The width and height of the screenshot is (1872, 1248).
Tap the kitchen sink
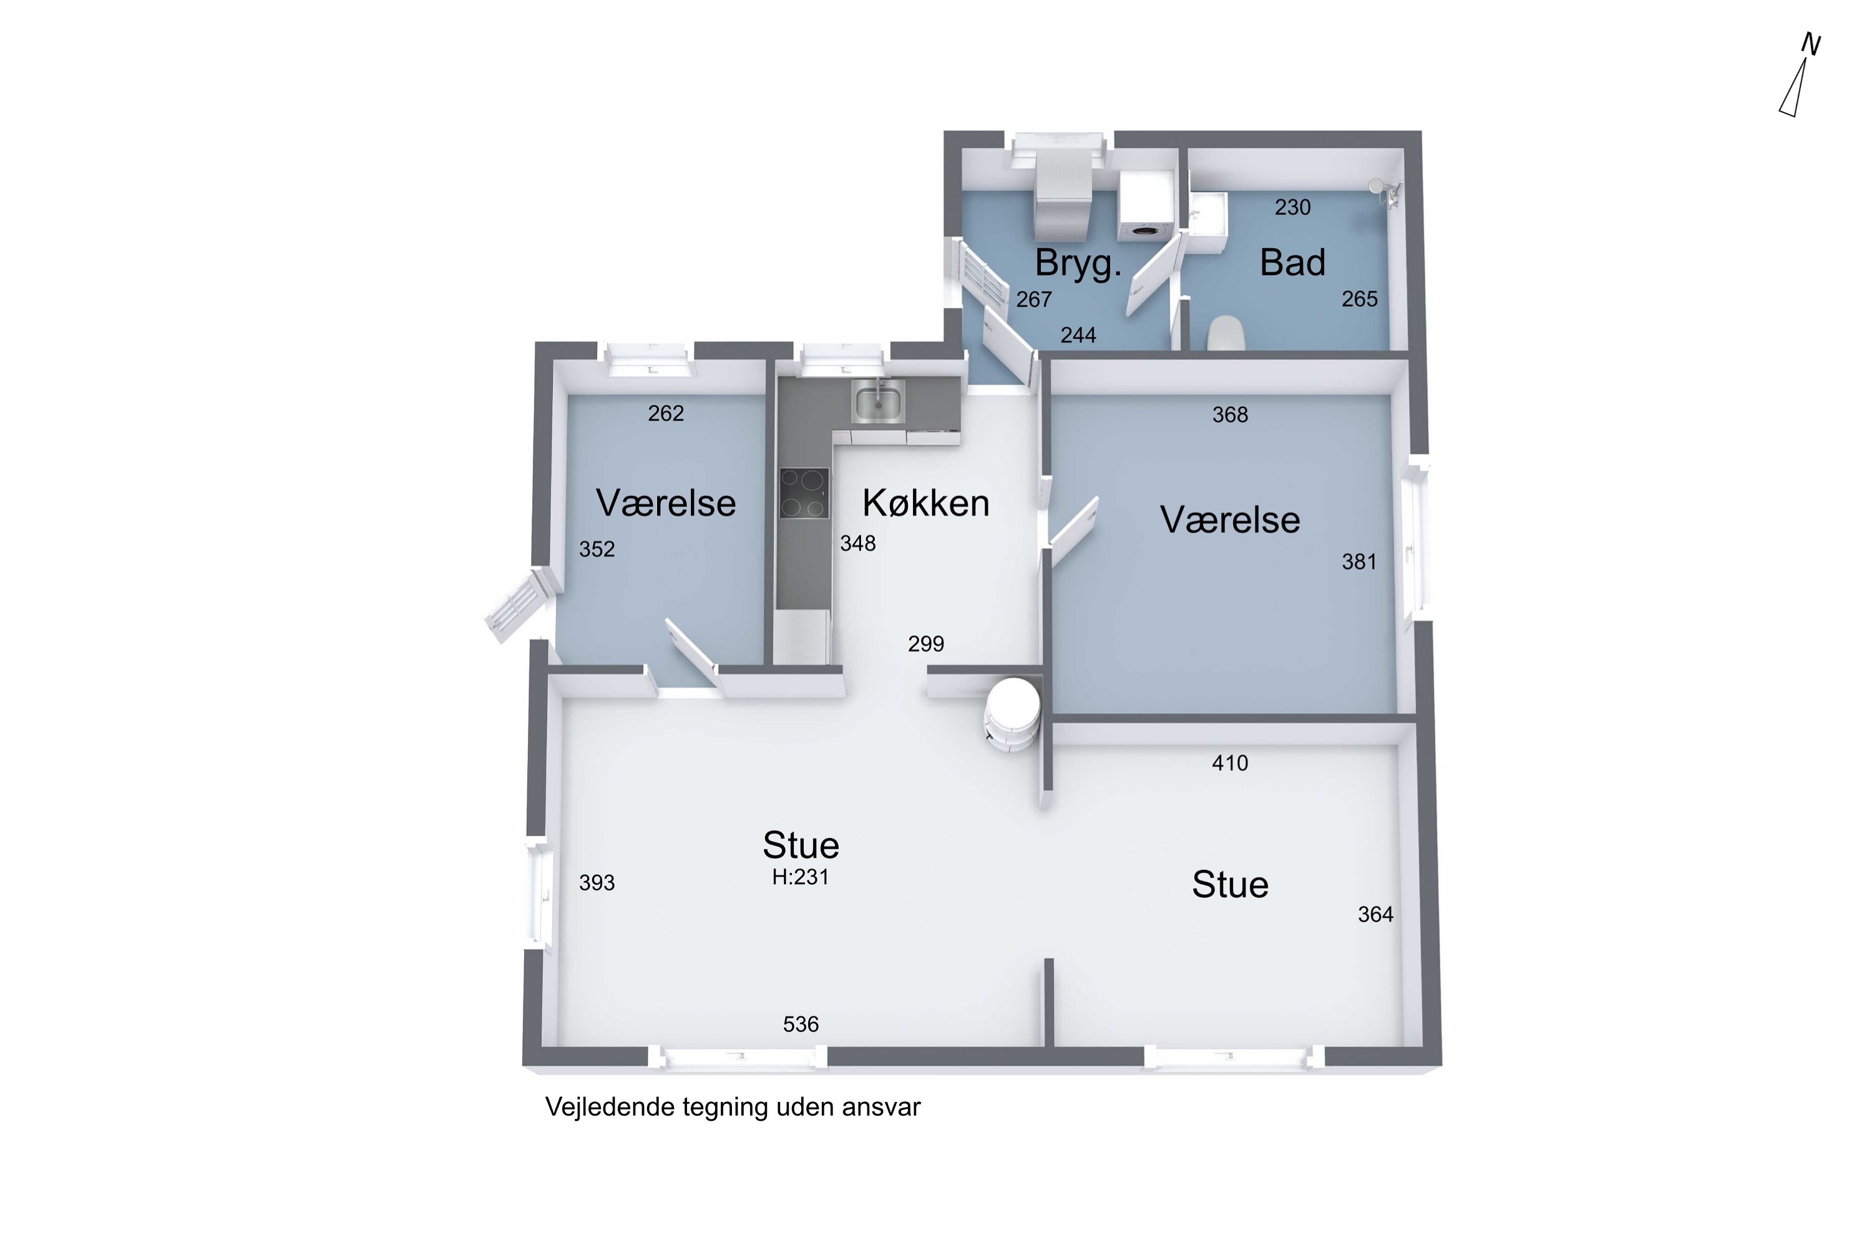[878, 402]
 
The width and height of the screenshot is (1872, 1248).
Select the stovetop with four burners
[804, 494]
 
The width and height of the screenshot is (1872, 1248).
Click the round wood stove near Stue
[1012, 713]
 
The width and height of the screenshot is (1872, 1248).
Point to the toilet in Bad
[1226, 333]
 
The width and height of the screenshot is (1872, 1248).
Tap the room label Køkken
[925, 503]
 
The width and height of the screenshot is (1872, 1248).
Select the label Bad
[1292, 263]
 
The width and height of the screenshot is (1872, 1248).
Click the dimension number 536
[801, 1025]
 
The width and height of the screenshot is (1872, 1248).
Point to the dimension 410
[1230, 763]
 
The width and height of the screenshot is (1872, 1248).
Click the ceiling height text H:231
[801, 877]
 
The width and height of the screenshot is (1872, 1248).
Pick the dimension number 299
[925, 644]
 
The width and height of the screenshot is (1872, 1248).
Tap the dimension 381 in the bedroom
[1358, 562]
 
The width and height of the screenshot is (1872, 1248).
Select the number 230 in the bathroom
[1292, 208]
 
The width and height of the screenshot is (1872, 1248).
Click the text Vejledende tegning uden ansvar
[732, 1107]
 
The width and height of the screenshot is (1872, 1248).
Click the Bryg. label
[1078, 263]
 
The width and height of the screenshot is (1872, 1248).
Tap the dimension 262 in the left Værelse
[665, 414]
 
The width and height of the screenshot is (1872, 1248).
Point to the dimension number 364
[1375, 915]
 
